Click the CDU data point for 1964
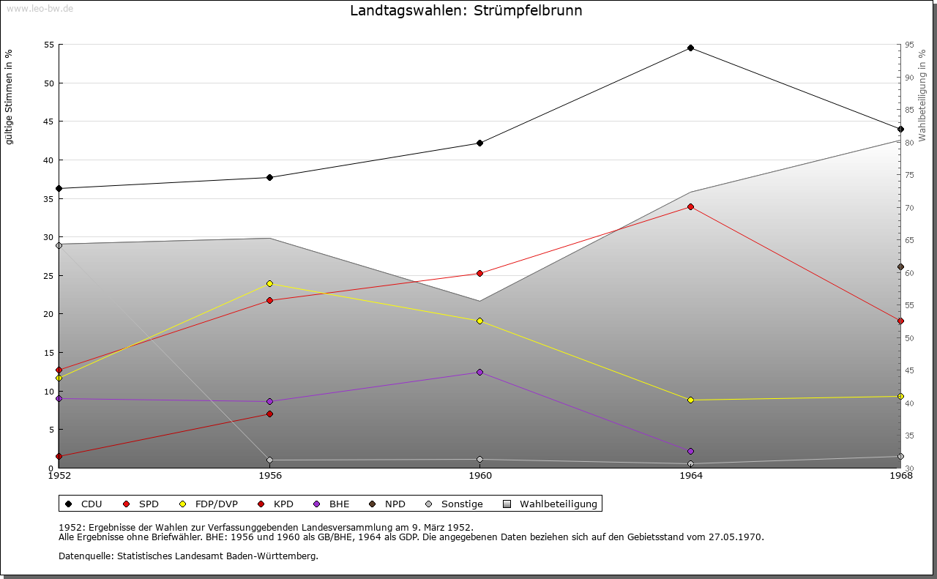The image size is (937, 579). [x=690, y=48]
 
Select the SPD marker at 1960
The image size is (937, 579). [x=479, y=274]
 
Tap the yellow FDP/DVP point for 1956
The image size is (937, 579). [x=269, y=284]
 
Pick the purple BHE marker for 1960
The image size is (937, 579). [x=479, y=373]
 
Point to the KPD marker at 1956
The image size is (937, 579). [x=269, y=414]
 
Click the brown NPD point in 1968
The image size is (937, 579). [x=900, y=267]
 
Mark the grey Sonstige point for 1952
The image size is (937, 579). [x=59, y=245]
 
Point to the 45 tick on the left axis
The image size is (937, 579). [x=49, y=122]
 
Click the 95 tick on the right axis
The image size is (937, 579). [x=908, y=45]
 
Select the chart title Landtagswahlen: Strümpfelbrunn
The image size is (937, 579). [x=466, y=11]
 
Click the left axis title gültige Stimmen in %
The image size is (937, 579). [x=10, y=97]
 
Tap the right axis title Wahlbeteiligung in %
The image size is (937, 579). [x=922, y=95]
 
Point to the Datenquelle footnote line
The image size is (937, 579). [x=188, y=556]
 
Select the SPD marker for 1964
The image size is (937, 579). [x=690, y=207]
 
